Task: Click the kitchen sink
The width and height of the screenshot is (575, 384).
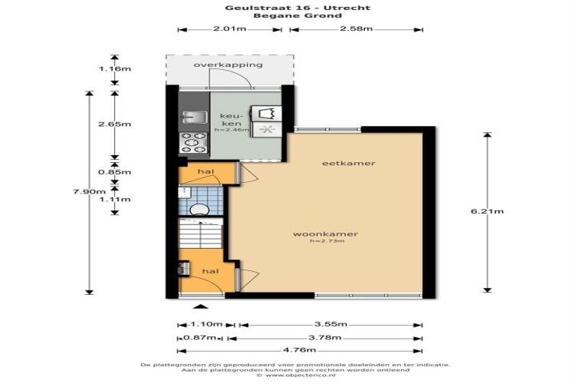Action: pos(193,118)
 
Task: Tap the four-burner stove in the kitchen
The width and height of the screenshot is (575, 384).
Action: pos(194,143)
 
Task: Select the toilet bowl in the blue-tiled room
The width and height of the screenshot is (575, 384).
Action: pos(199,209)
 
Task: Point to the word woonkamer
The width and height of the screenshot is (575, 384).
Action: pos(325,234)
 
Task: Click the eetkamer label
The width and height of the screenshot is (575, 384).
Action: pos(349,163)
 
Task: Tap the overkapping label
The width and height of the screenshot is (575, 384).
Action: pos(228,65)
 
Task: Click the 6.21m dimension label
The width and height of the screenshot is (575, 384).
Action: pos(487,211)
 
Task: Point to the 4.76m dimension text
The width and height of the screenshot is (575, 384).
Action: pos(299,350)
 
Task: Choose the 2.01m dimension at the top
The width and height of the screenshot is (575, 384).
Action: pos(229,28)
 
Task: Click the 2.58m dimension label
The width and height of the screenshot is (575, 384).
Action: pos(356,28)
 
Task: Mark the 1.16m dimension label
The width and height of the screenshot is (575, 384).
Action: pos(115,68)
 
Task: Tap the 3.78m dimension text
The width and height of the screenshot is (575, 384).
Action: pos(325,337)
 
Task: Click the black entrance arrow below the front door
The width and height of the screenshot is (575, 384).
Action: pos(200,306)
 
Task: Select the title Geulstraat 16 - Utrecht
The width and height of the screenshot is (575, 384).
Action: pos(297,8)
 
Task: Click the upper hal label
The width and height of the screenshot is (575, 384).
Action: pos(205,171)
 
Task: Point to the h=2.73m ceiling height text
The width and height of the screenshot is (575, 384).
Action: pos(327,241)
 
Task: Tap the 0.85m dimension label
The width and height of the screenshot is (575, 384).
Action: pos(115,172)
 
